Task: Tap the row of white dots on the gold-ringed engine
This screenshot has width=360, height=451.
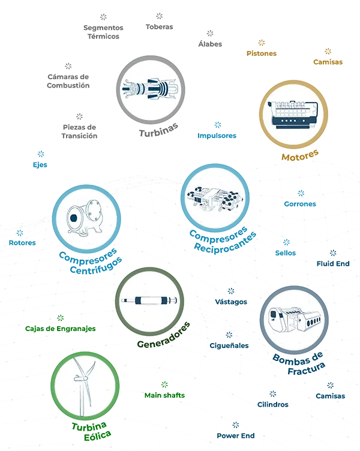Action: [x=290, y=119]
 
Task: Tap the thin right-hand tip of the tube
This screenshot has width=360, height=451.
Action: [x=174, y=300]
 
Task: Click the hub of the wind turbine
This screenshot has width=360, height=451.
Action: [x=80, y=378]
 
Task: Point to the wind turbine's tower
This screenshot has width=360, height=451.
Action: [x=82, y=399]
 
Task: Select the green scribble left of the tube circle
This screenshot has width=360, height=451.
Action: [x=60, y=327]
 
